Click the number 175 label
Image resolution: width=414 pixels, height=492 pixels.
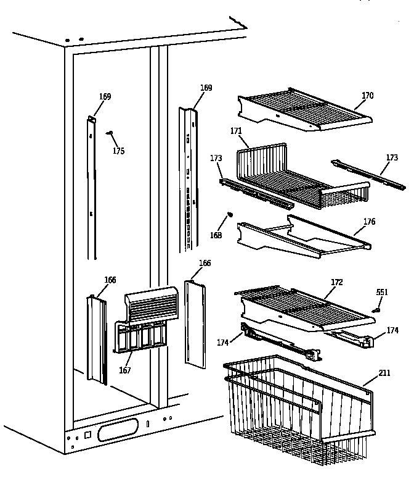pos(118,151)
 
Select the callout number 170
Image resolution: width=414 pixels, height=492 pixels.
pos(367,96)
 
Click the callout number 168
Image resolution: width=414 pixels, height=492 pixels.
pos(217,235)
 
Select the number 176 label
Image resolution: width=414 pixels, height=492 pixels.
pos(369,222)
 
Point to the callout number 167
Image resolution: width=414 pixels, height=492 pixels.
pos(125,370)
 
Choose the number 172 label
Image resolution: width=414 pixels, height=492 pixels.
pos(336,282)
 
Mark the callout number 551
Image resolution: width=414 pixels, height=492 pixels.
pos(383,292)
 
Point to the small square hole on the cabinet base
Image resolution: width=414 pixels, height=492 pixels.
pos(87,435)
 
